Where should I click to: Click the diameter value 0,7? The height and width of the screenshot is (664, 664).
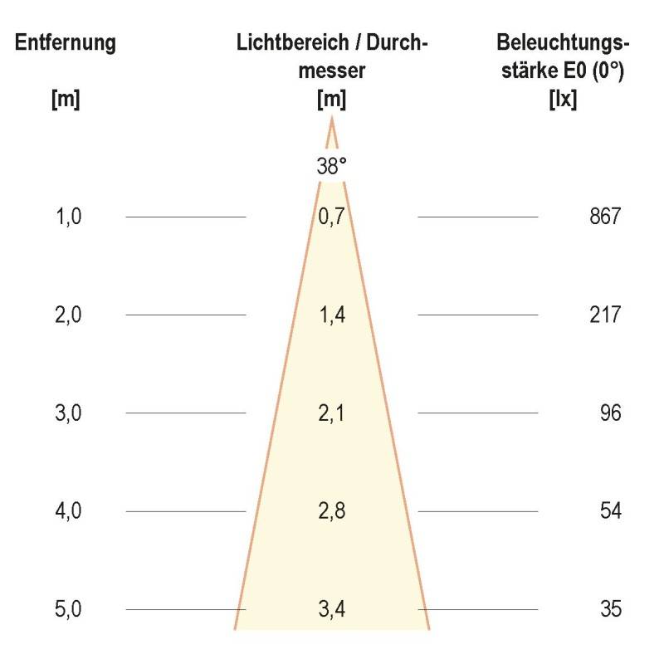click(331, 217)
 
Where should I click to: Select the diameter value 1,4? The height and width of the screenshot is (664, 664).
click(331, 315)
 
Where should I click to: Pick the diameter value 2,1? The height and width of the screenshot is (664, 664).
click(331, 413)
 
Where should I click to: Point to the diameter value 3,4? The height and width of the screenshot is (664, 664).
click(331, 609)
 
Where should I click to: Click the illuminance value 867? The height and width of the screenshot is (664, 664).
click(603, 217)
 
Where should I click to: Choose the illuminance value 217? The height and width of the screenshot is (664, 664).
click(603, 315)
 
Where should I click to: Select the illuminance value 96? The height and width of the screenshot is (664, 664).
click(610, 413)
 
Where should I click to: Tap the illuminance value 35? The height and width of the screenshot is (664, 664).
click(610, 609)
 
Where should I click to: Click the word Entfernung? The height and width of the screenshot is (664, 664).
click(66, 43)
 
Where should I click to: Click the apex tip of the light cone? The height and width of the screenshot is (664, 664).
click(332, 120)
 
